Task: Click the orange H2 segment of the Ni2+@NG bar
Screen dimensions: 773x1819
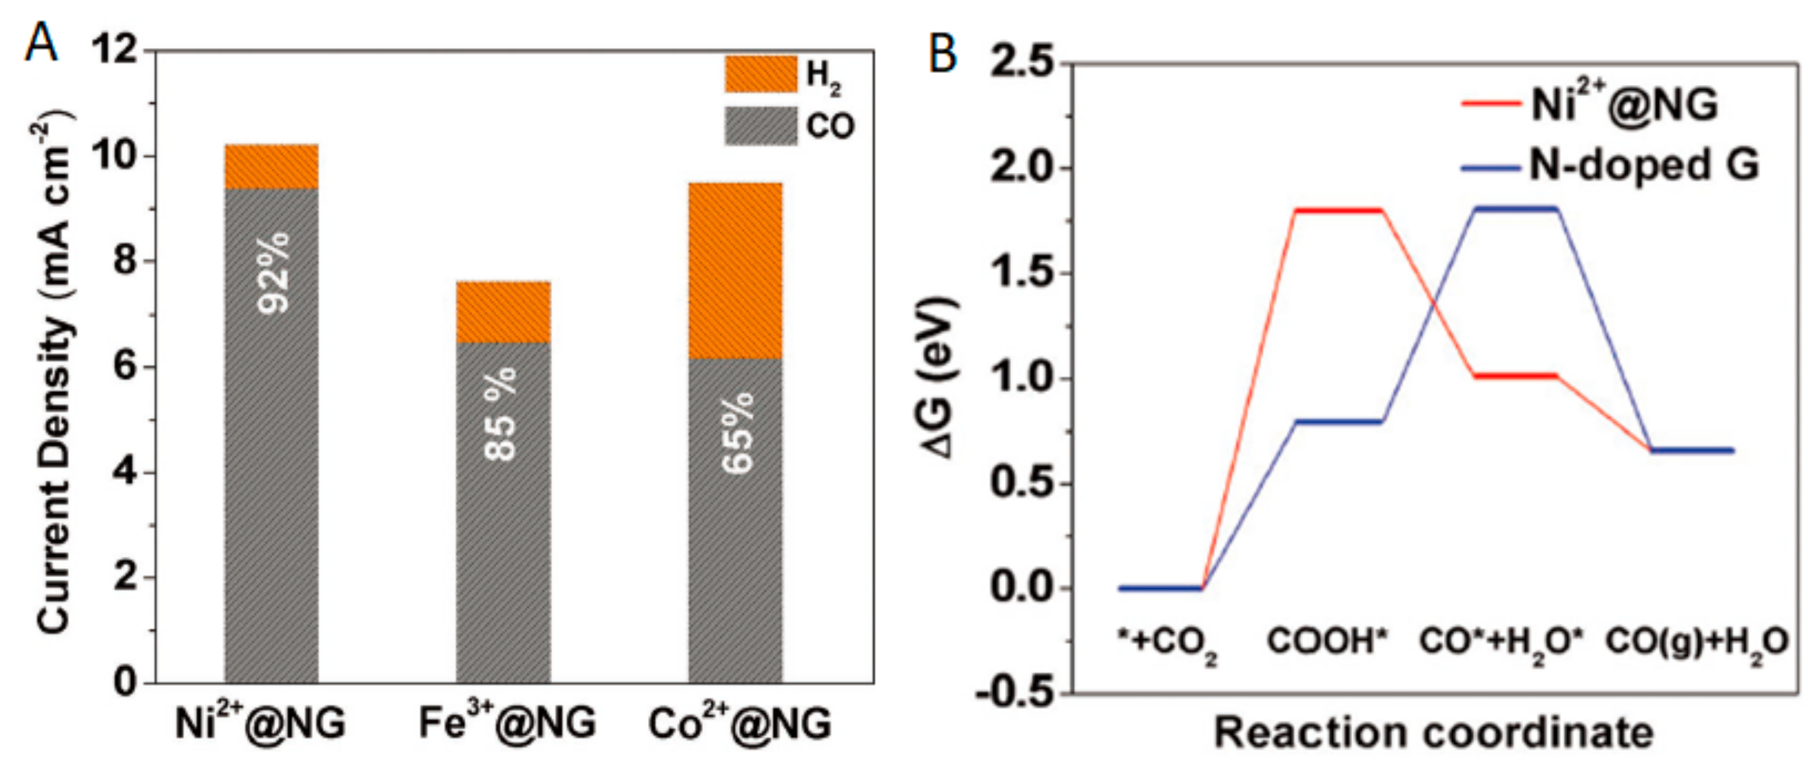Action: point(271,167)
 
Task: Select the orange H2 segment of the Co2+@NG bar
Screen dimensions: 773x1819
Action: point(735,270)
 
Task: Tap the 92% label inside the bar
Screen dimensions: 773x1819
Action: point(272,272)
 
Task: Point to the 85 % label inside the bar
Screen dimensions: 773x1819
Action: point(501,414)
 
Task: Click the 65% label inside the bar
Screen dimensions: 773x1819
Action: point(737,432)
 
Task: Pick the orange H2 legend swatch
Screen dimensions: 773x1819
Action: point(760,74)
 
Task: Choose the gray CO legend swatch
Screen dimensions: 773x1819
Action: point(760,126)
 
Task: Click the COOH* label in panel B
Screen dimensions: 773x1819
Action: point(1327,642)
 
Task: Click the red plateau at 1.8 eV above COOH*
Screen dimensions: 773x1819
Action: point(1337,209)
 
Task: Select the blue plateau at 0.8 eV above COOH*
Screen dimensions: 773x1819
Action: point(1337,422)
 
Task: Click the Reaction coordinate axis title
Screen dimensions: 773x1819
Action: point(1433,732)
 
